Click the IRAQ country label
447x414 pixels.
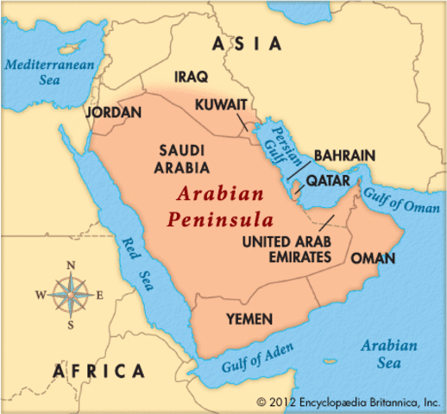point(191,78)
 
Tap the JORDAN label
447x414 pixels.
point(113,112)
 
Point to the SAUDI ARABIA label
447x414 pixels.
point(180,156)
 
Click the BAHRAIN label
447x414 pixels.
point(344,155)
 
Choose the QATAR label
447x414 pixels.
point(328,180)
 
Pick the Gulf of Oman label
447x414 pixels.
point(396,204)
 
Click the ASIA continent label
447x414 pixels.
point(247,43)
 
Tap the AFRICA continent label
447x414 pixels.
point(98,371)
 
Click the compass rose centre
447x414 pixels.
point(71,294)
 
